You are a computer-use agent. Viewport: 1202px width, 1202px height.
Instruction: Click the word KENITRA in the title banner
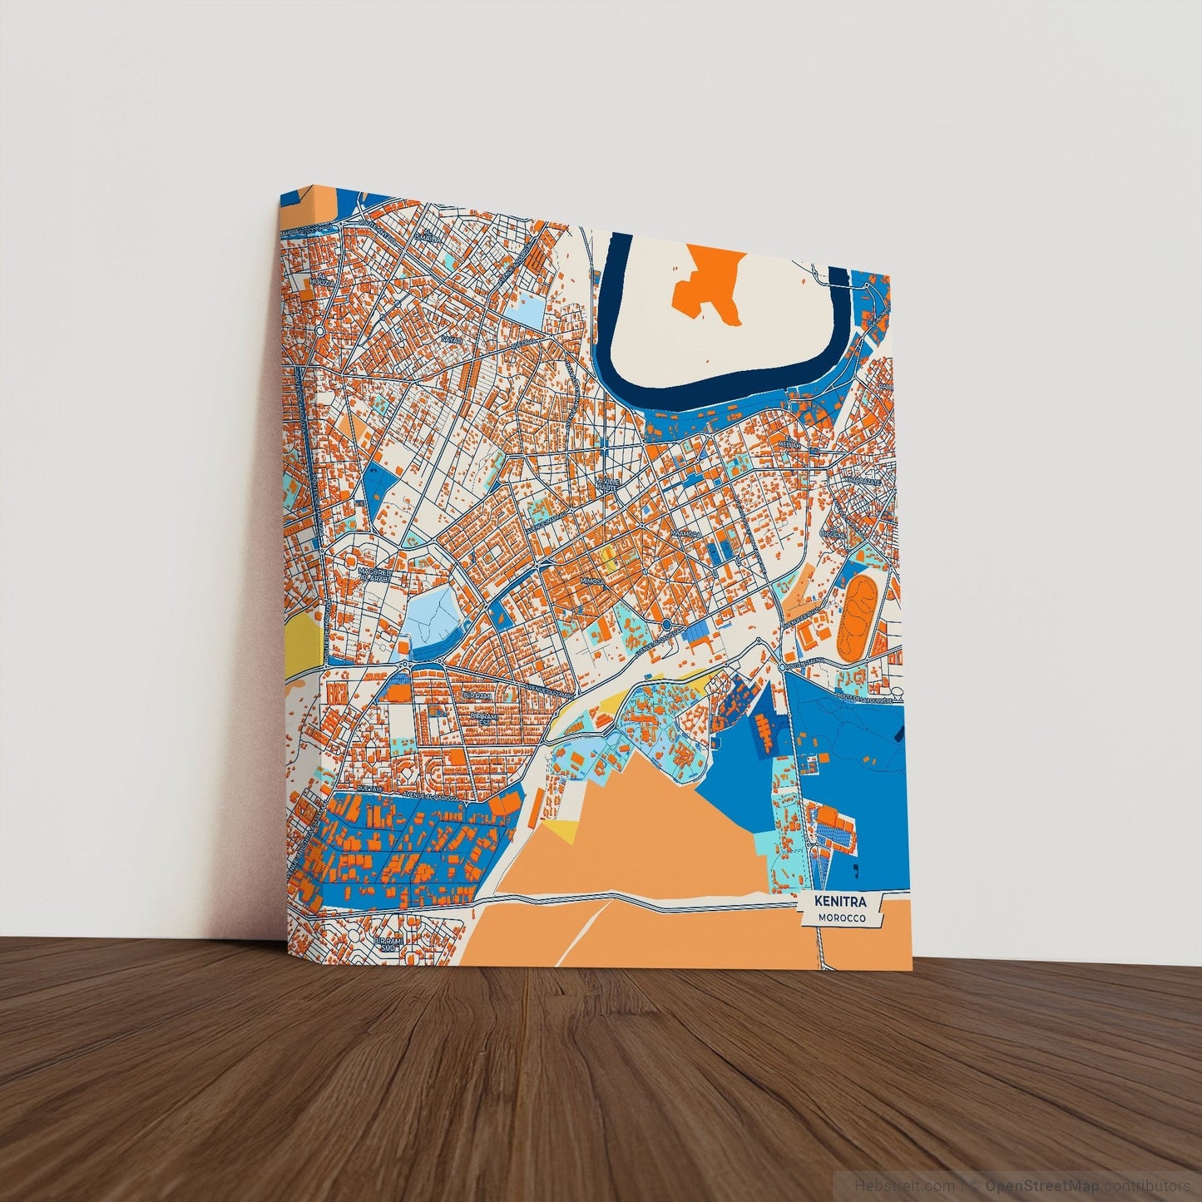841,902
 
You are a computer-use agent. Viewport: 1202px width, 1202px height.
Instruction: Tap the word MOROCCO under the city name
841,918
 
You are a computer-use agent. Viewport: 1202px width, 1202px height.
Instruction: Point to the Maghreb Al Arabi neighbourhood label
375,575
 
